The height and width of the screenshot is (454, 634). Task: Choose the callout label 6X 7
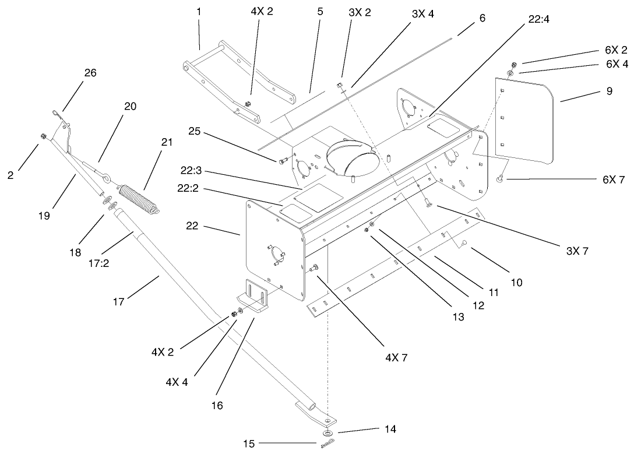613,181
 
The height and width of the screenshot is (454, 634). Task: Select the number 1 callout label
199,11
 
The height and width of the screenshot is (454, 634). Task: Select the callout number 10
517,283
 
